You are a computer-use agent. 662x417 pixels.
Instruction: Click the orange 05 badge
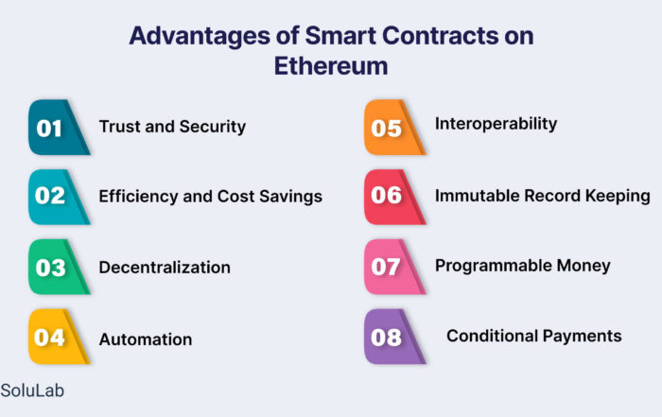[x=393, y=127]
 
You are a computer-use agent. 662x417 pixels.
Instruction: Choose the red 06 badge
[x=393, y=197]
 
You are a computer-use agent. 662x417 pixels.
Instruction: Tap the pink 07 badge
[x=393, y=267]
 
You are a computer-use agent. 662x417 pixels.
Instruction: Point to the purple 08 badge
[x=393, y=337]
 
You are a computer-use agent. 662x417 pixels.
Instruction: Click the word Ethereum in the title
[x=331, y=66]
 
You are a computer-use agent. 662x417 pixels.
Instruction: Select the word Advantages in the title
[x=200, y=36]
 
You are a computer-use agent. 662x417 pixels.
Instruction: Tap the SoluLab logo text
[x=32, y=391]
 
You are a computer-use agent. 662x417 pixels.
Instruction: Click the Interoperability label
[x=496, y=124]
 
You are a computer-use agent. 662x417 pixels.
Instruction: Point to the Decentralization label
[x=165, y=268]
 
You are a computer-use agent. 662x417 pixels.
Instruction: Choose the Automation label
[x=146, y=339]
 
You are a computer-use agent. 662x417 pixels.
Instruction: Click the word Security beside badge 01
[x=213, y=127]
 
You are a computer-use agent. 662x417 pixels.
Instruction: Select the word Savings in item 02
[x=290, y=197]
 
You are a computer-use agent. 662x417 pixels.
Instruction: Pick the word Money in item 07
[x=584, y=266]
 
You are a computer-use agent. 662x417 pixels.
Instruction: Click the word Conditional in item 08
[x=492, y=336]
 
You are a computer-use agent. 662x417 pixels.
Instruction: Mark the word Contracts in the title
[x=440, y=35]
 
